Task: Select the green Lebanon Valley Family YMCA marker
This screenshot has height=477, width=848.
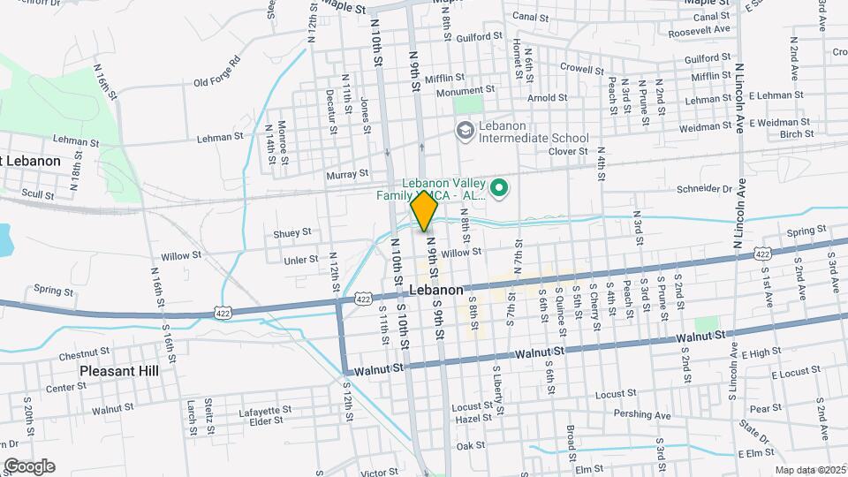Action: pyautogui.click(x=499, y=186)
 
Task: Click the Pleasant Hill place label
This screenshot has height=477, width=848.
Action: pyautogui.click(x=119, y=371)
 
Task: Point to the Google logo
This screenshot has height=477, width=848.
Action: pyautogui.click(x=29, y=466)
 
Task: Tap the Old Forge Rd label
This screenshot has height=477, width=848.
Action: pyautogui.click(x=217, y=73)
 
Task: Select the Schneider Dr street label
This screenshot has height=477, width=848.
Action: pyautogui.click(x=702, y=188)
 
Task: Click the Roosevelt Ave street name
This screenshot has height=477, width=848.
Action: pyautogui.click(x=700, y=29)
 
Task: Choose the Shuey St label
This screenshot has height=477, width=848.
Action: pyautogui.click(x=291, y=232)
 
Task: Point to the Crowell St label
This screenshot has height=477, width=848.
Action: pyautogui.click(x=581, y=67)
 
